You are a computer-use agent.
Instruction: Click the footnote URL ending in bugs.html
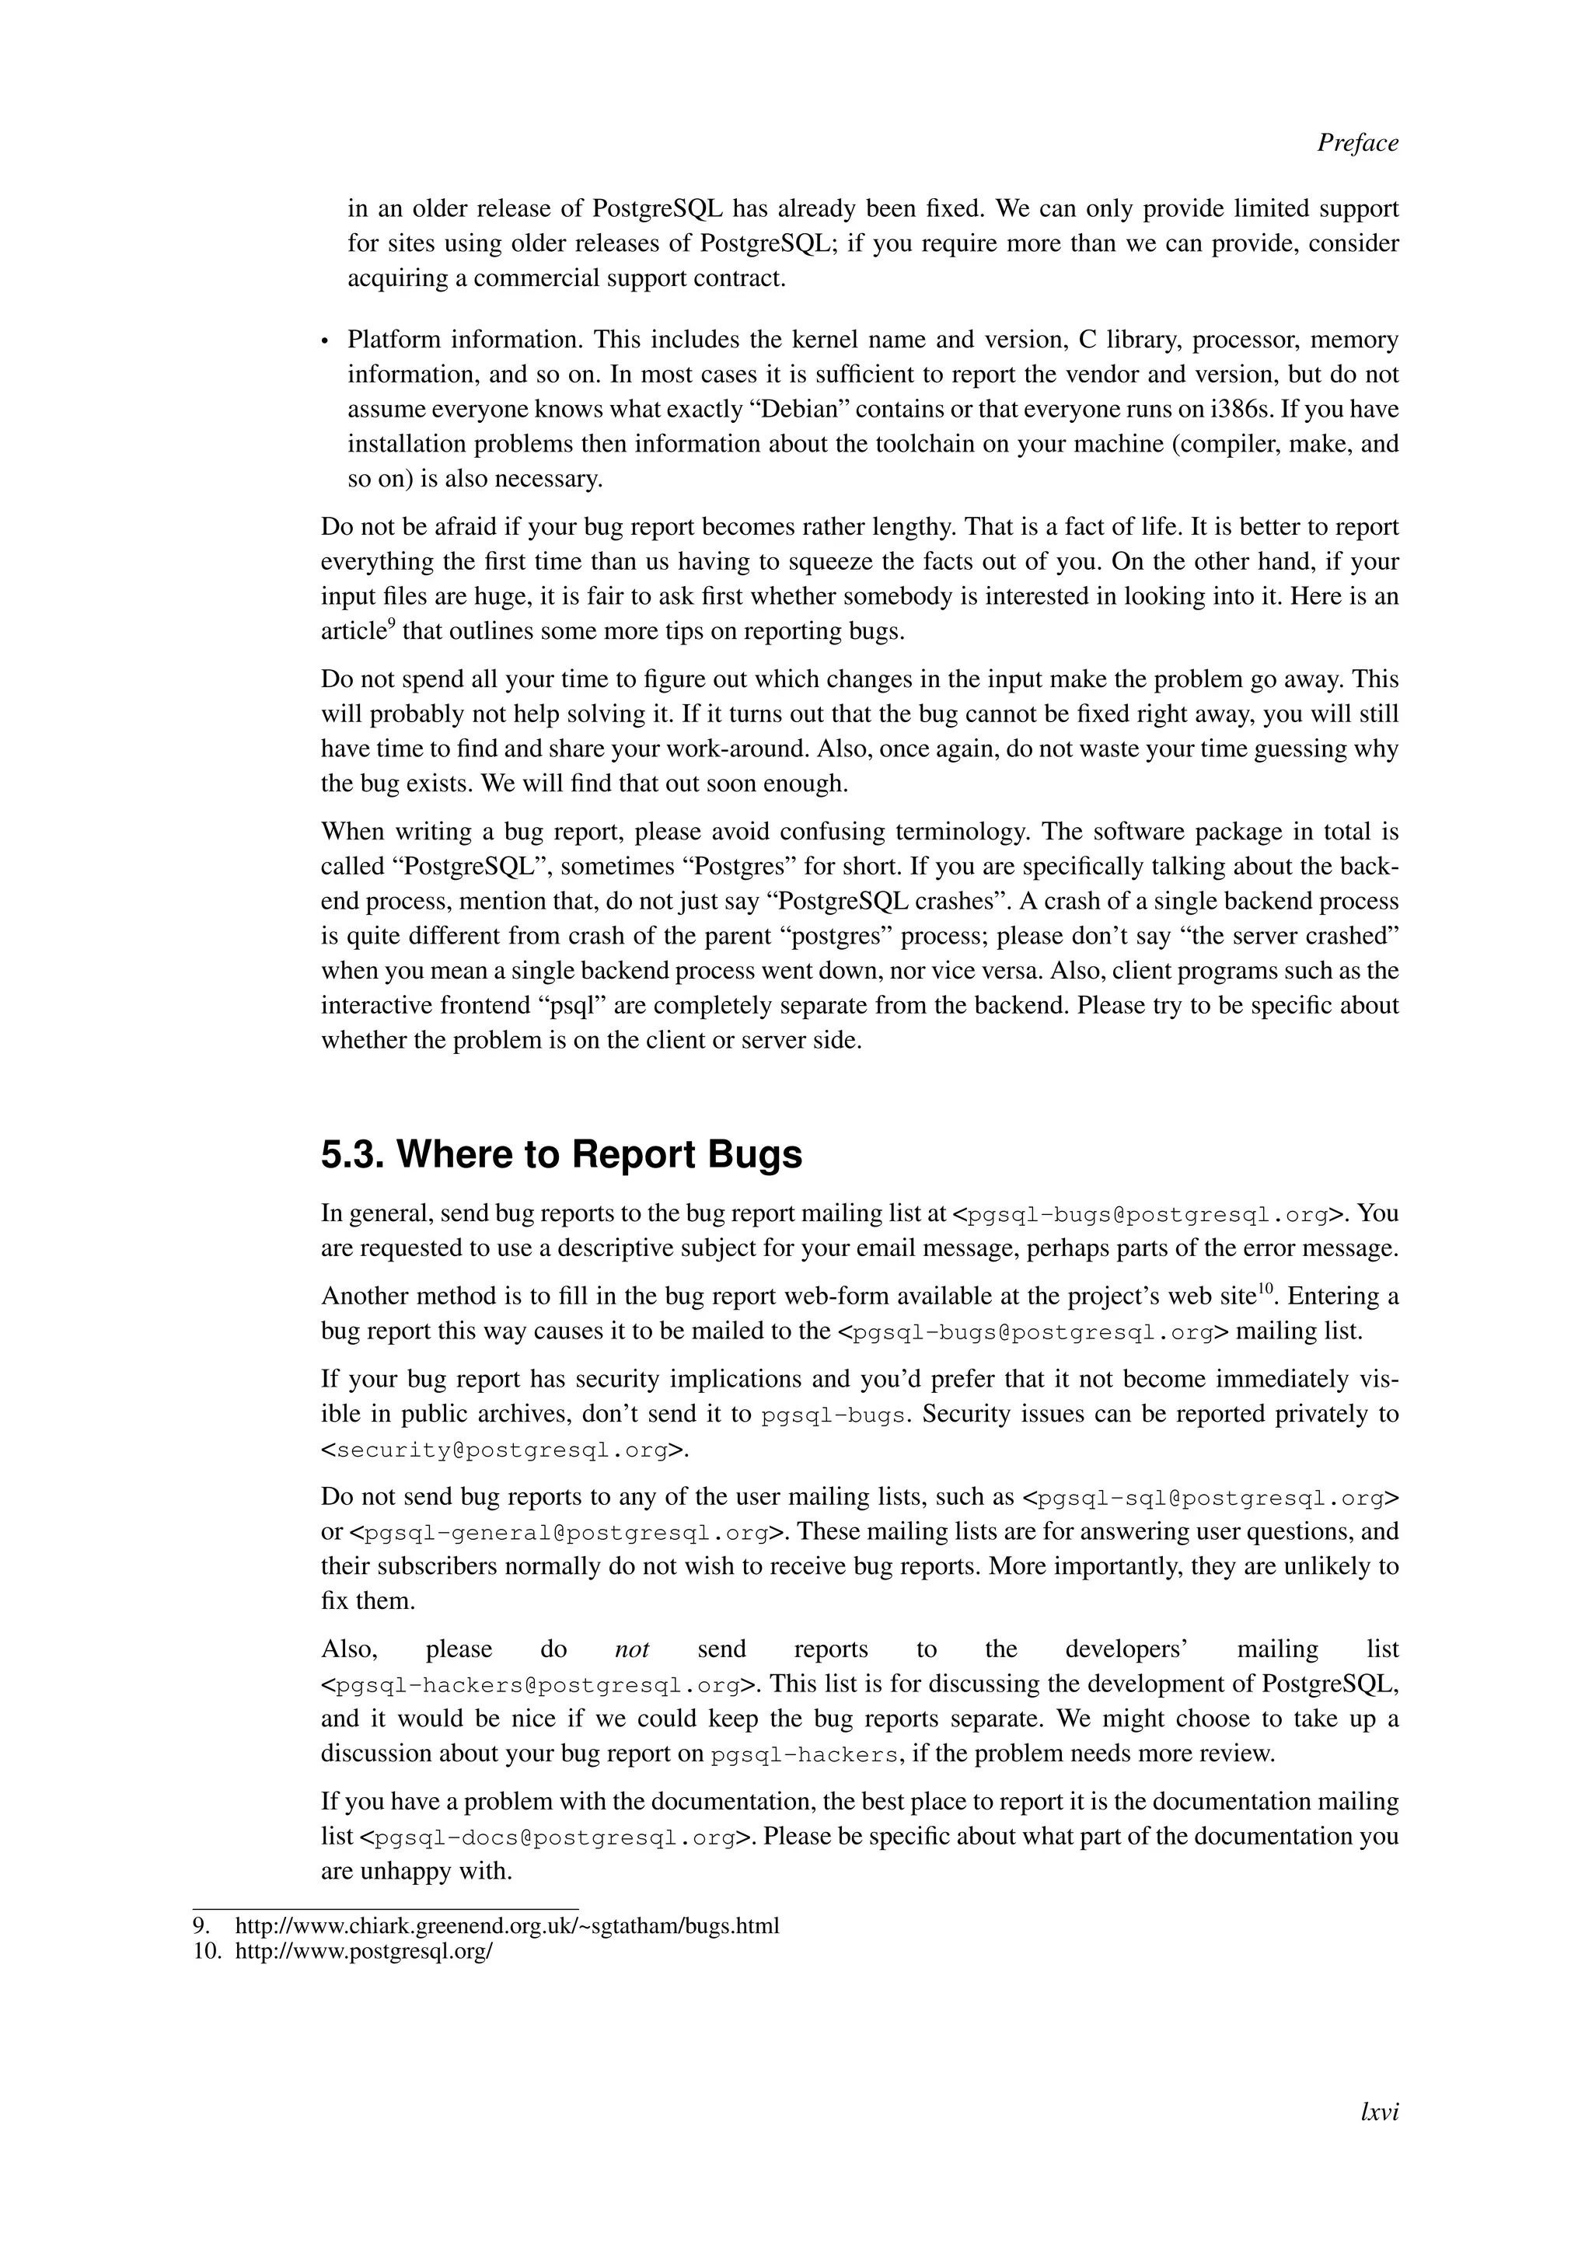point(507,1925)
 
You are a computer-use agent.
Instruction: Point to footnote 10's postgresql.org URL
point(364,1951)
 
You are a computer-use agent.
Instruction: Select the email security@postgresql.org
point(504,1450)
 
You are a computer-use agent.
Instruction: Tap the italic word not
point(632,1650)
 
